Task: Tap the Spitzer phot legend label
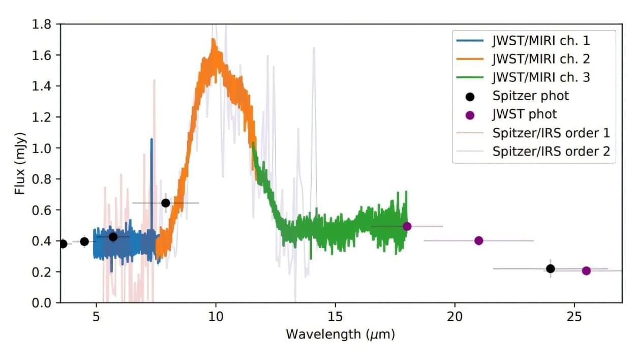click(530, 96)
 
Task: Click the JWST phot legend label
click(524, 114)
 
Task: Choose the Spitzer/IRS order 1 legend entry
click(551, 133)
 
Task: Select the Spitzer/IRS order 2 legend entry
click(551, 151)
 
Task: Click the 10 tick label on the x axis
click(216, 315)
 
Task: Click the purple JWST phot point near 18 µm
click(407, 226)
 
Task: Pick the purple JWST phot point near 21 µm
click(478, 241)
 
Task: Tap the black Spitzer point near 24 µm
click(550, 268)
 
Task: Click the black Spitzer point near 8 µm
click(165, 203)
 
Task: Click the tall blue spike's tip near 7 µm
click(151, 139)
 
